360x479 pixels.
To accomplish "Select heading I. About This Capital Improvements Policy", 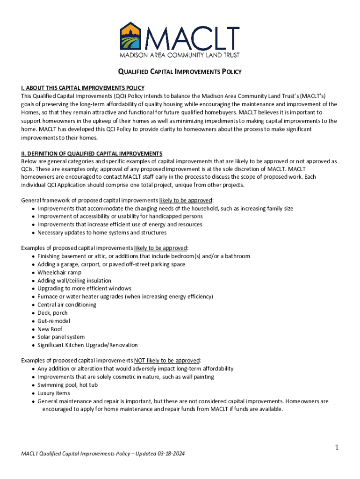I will point(83,88).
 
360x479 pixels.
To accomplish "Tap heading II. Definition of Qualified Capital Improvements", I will point(92,153).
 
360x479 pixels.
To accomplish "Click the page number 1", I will point(336,448).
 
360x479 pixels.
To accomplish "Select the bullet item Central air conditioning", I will point(67,305).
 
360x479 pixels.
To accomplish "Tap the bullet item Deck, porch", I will point(52,312).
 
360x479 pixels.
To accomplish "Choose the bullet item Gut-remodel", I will point(54,321).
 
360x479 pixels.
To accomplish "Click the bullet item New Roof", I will point(50,329).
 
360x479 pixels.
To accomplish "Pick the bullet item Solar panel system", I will point(61,337).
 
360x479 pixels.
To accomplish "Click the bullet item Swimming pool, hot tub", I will point(67,385).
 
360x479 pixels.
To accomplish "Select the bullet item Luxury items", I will point(53,393).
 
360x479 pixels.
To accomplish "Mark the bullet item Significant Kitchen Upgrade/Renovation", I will point(87,345).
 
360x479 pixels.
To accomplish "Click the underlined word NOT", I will point(140,361).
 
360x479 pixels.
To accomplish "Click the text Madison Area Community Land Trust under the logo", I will point(180,55).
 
